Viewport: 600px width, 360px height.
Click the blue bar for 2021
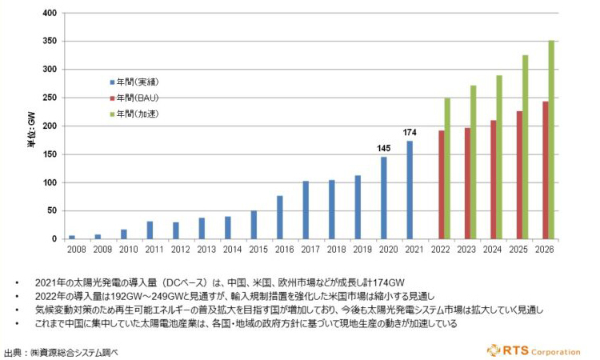[410, 190]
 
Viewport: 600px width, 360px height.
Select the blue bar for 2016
[280, 217]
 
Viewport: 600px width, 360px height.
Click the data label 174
[410, 132]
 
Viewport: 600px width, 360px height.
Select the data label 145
[384, 149]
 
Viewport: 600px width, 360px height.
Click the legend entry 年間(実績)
[137, 82]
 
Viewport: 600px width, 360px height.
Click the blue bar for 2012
[176, 230]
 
